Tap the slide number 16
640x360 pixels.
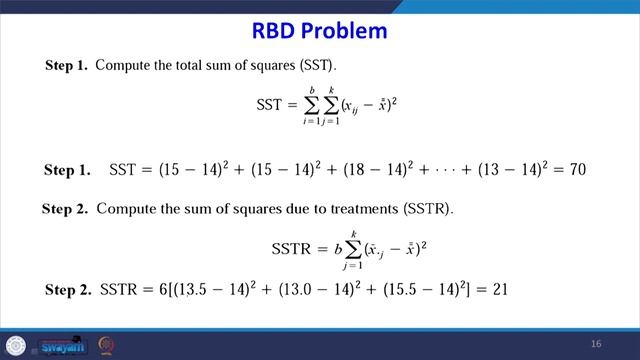pyautogui.click(x=596, y=344)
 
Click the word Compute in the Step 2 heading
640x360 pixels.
pyautogui.click(x=125, y=210)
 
